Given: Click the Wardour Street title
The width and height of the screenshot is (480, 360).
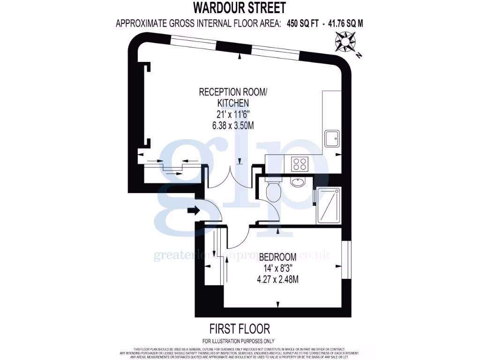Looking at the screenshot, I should pyautogui.click(x=240, y=8).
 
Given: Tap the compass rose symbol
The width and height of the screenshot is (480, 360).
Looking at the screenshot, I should pyautogui.click(x=345, y=42).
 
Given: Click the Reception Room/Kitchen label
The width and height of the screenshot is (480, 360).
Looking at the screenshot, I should pyautogui.click(x=232, y=97).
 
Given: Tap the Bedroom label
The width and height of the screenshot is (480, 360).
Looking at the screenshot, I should pyautogui.click(x=277, y=257).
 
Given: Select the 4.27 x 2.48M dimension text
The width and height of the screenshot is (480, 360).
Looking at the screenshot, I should pyautogui.click(x=277, y=280).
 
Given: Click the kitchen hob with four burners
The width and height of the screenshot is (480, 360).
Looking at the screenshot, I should pyautogui.click(x=300, y=164).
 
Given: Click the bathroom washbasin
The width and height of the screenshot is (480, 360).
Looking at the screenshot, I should pyautogui.click(x=297, y=182).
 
